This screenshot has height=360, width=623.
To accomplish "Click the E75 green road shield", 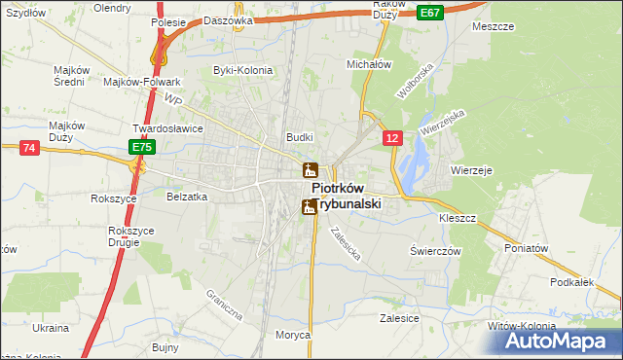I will (142, 147).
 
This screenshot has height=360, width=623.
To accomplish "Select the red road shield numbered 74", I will (28, 147).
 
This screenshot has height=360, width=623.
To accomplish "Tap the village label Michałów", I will (369, 63).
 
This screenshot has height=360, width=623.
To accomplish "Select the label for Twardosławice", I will (167, 128).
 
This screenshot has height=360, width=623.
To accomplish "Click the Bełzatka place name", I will (187, 197).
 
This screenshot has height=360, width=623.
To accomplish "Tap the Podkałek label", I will (571, 282).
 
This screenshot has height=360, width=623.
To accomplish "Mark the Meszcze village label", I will (493, 27).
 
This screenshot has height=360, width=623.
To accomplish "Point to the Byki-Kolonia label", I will (243, 70).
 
